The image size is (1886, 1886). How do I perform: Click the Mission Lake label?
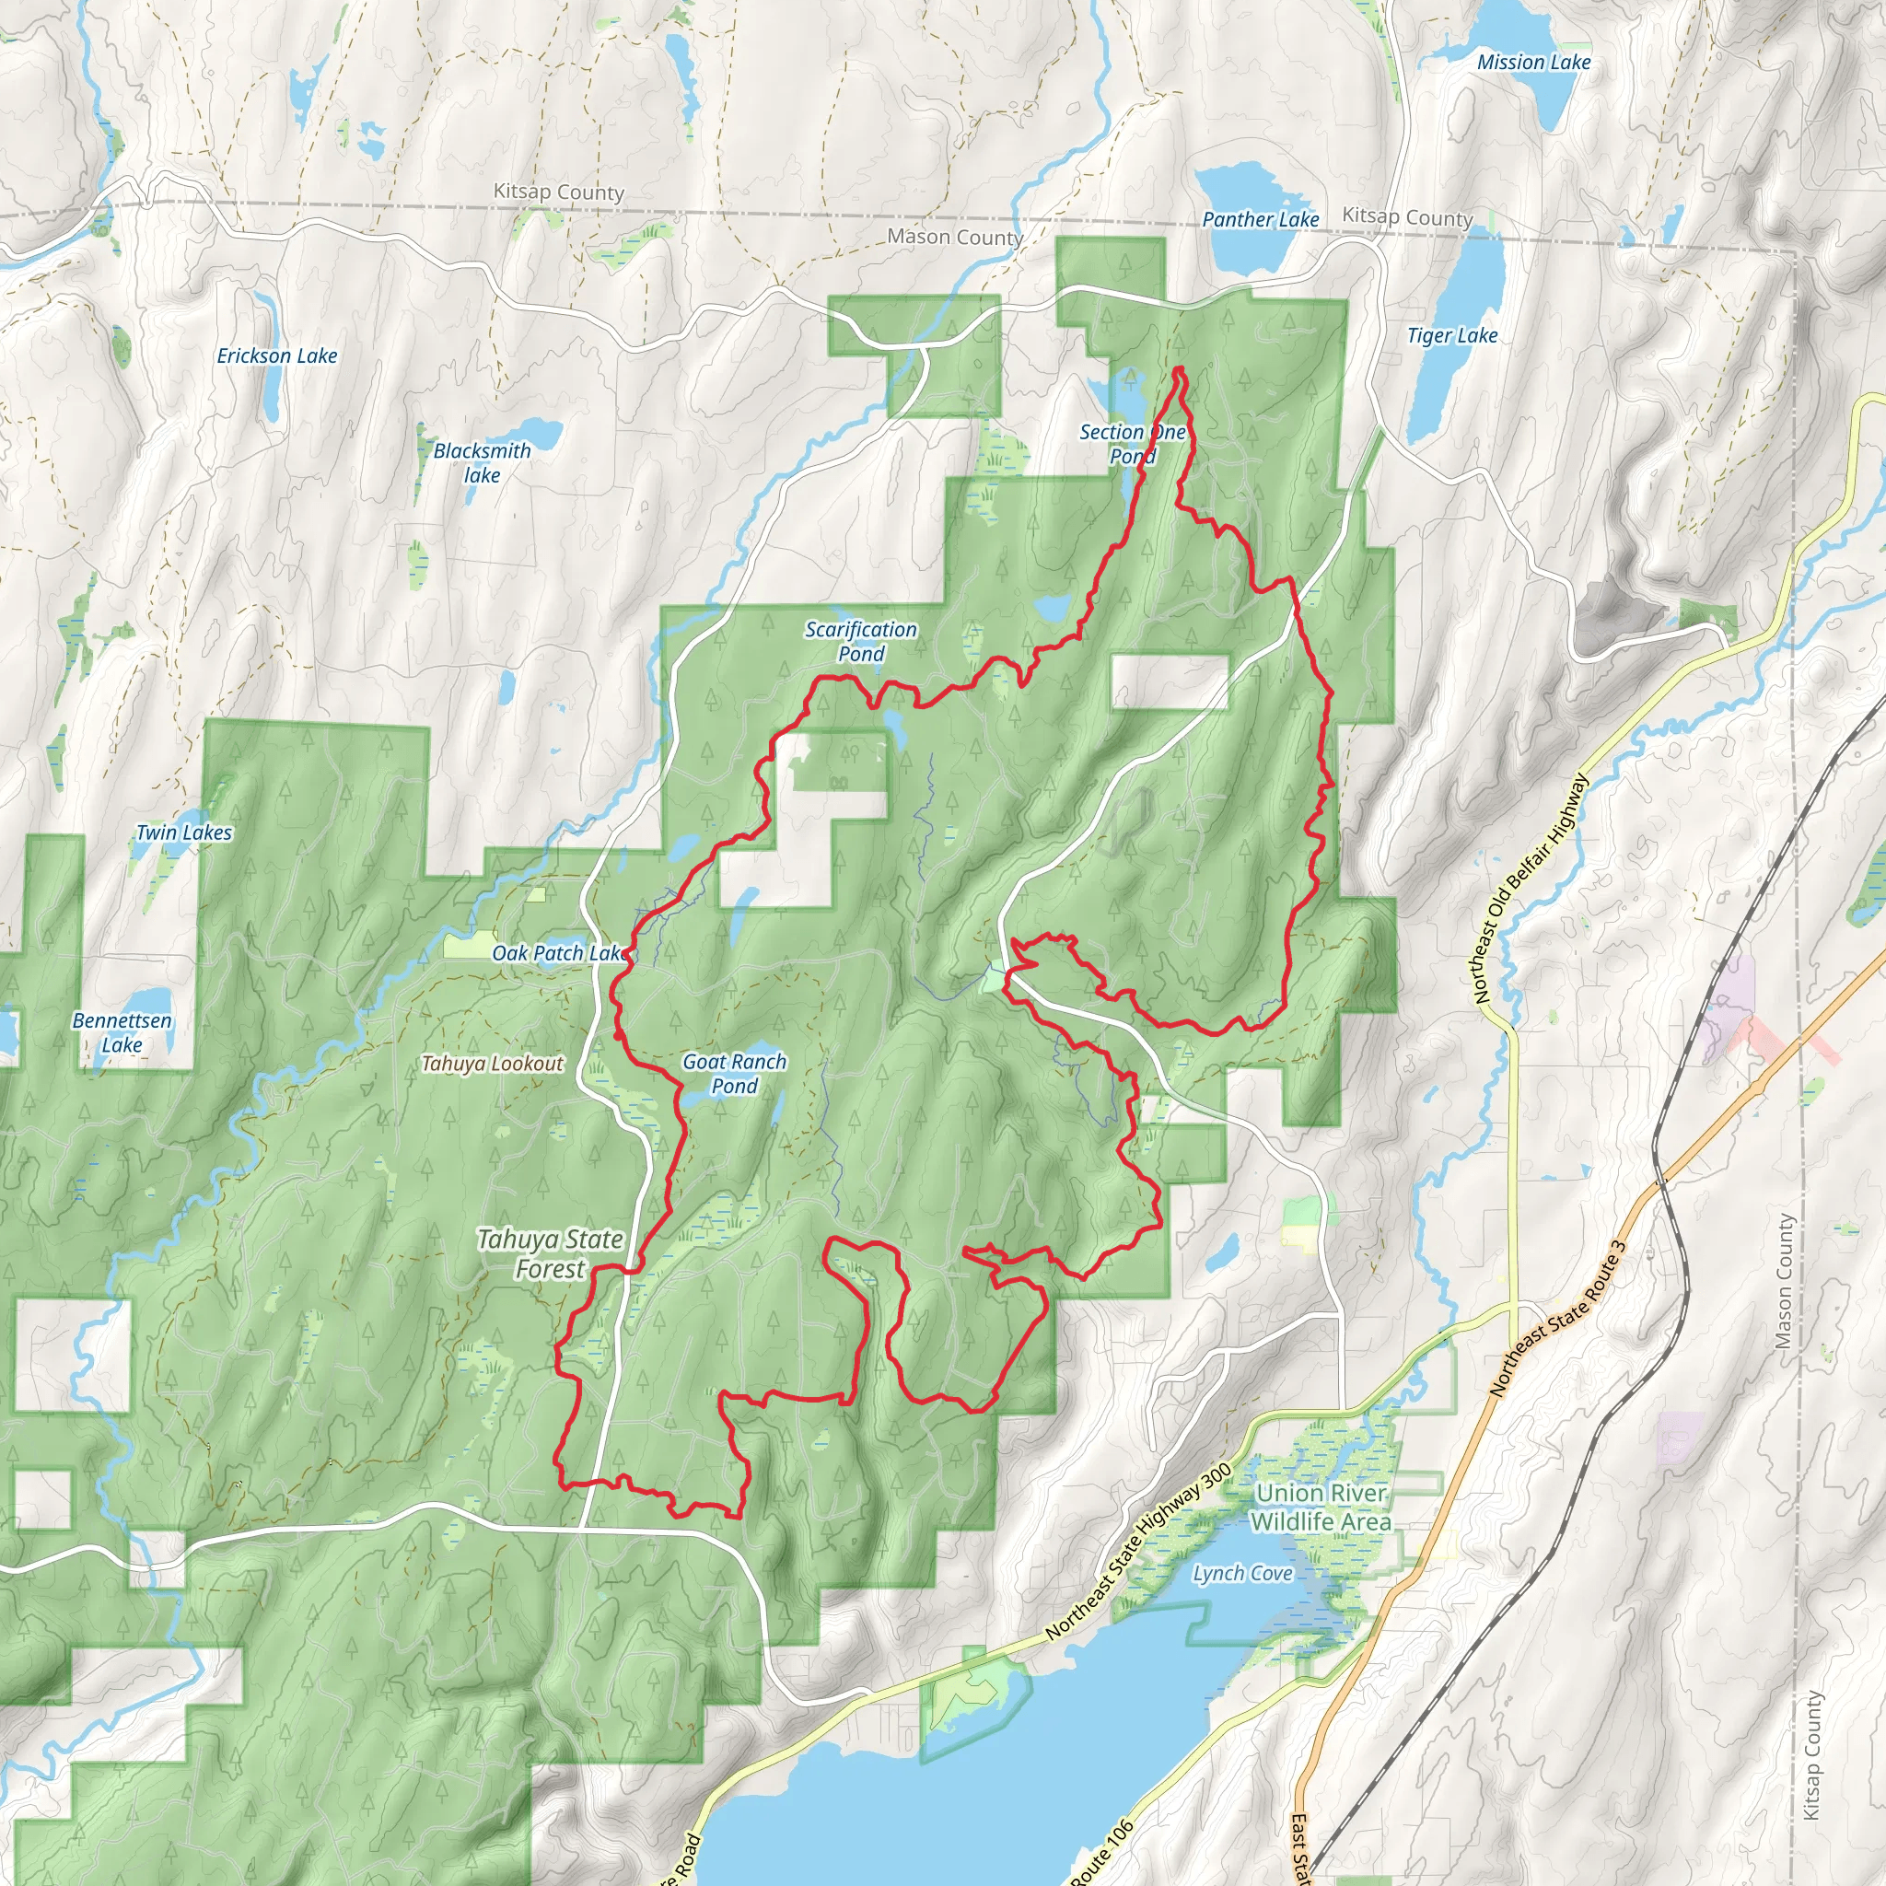(1533, 63)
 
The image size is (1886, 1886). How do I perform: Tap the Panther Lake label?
(1261, 220)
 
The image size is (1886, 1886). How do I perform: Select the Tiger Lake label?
(1451, 336)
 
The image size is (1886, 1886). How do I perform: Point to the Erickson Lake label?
(277, 356)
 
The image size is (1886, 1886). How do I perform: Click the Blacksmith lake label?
(483, 462)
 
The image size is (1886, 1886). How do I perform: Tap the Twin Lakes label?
(184, 832)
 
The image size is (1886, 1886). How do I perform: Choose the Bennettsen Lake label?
(122, 1031)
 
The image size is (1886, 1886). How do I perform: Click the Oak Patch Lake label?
(559, 953)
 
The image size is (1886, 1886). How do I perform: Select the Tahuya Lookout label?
(492, 1064)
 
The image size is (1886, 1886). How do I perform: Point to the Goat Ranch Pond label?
(734, 1073)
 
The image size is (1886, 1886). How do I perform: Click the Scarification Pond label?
(861, 641)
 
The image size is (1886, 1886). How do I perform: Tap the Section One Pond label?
(1133, 443)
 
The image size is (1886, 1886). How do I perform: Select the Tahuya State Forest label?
(551, 1253)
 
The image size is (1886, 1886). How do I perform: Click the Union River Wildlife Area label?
(1321, 1507)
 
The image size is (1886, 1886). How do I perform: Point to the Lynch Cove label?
(1241, 1573)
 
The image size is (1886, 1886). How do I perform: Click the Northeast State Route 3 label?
(1558, 1318)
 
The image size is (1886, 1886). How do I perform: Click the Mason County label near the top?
(954, 238)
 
